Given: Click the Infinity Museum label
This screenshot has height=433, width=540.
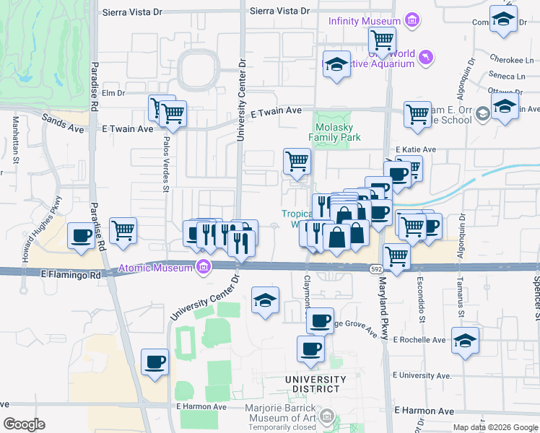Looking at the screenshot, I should (x=364, y=21).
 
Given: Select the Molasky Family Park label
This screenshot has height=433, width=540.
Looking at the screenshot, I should (x=334, y=131).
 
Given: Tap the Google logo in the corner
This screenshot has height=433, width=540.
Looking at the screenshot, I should (x=24, y=424).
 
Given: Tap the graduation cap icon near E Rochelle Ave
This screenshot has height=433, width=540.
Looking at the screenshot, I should (x=465, y=342).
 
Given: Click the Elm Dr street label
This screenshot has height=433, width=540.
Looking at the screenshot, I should (x=113, y=93).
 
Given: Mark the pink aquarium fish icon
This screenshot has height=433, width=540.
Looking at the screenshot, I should (x=426, y=56).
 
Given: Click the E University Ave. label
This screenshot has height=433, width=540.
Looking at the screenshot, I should (x=422, y=376).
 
